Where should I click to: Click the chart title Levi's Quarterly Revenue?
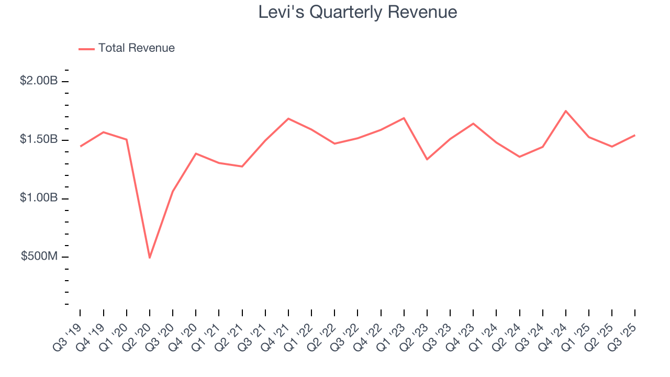pos(358,13)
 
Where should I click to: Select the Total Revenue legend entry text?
pos(137,48)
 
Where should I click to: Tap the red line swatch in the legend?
pos(86,49)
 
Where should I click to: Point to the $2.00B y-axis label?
pos(39,81)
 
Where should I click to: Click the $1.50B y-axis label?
pos(39,140)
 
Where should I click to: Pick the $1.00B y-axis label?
pos(39,198)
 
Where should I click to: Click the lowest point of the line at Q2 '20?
pos(150,258)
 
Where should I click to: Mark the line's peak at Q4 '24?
pos(566,111)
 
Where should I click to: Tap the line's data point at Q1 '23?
pos(404,118)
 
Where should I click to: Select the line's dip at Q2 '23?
pos(427,159)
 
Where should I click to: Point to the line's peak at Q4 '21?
pos(288,118)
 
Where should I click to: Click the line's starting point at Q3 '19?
pos(80,146)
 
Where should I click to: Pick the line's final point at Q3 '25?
pos(635,135)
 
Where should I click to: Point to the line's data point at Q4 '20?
pos(196,153)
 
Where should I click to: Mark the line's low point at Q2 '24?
pos(519,157)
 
